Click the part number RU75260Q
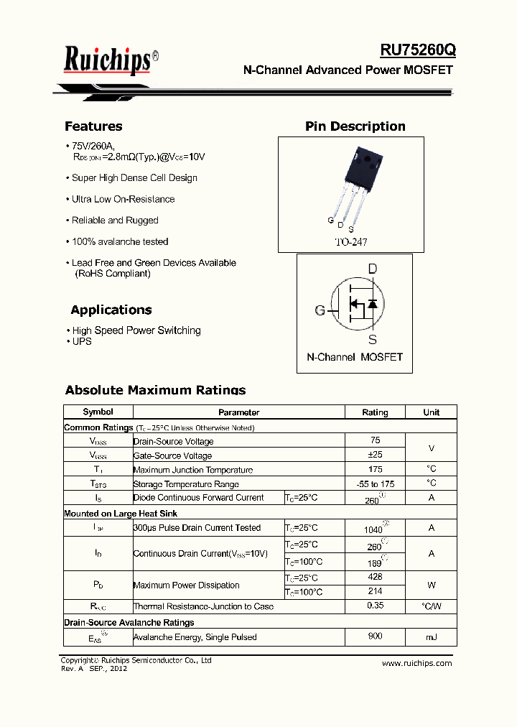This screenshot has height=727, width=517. [417, 51]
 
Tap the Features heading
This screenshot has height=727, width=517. [93, 126]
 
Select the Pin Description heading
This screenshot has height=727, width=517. [355, 126]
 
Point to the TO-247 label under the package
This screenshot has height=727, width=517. [350, 242]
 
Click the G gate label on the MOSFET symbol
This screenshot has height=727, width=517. [320, 310]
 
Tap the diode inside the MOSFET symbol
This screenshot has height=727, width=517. [372, 304]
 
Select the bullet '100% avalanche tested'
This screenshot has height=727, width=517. [120, 241]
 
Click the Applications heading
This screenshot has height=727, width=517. [111, 310]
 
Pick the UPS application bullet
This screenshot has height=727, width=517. [82, 341]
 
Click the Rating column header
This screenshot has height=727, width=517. [375, 412]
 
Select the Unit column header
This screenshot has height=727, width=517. [431, 412]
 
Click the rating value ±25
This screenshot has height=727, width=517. [375, 455]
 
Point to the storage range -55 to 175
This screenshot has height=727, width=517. [375, 484]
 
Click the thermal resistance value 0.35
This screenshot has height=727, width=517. [375, 606]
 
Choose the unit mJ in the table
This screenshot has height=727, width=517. [431, 637]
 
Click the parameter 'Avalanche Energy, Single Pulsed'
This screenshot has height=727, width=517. [195, 637]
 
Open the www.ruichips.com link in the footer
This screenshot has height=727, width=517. [416, 663]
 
